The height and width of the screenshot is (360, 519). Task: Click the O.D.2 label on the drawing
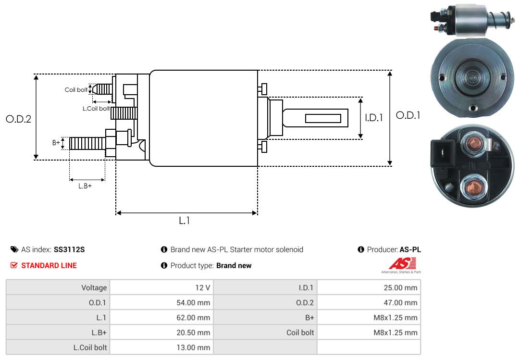coord(18,119)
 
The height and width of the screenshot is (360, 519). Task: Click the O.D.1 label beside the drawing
coord(408,115)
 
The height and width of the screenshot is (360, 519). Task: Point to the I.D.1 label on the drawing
coord(374,117)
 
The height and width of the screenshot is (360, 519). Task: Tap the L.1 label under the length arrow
coord(185,221)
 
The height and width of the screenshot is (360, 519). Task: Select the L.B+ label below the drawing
coord(85,186)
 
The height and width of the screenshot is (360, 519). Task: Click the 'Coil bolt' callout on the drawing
coord(76,90)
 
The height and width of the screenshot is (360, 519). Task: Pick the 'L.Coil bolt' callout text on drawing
coord(96,109)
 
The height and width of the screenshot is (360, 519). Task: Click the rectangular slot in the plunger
coord(323,118)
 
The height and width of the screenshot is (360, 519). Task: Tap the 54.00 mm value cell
coord(196,303)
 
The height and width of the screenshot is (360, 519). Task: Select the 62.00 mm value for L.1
coord(196,318)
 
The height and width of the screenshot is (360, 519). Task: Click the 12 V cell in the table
coord(202,288)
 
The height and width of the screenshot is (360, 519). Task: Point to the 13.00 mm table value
coord(196,347)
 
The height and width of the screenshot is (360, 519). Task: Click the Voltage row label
coord(94,288)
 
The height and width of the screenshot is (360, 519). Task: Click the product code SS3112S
coord(69,249)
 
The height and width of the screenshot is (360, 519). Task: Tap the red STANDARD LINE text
coord(49,265)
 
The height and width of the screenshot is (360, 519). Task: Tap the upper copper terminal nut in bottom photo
coord(476,143)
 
